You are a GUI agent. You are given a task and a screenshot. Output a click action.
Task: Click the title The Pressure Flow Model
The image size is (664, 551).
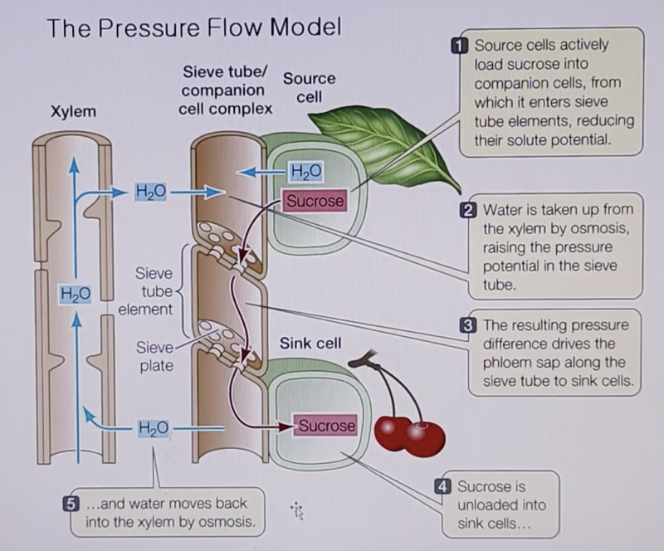tap(193, 28)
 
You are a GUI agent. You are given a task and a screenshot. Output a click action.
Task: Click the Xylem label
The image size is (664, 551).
tap(73, 111)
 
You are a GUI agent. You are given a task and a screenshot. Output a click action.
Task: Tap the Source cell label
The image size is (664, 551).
tap(309, 87)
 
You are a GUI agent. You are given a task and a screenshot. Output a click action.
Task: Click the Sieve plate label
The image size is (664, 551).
tap(156, 356)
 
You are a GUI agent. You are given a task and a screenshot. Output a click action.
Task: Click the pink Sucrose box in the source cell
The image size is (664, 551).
tap(315, 200)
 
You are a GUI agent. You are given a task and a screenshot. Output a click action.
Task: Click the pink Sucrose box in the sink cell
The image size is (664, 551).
tap(326, 426)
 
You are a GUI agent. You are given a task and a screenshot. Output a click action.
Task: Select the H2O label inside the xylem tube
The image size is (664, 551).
tap(75, 293)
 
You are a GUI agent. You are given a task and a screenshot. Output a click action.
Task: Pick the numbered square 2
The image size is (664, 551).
tap(467, 210)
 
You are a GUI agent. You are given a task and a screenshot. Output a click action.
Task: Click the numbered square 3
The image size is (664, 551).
tap(467, 324)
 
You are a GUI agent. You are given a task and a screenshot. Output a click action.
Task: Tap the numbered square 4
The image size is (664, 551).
tap(443, 486)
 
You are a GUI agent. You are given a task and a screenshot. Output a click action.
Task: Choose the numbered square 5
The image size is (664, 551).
tap(72, 504)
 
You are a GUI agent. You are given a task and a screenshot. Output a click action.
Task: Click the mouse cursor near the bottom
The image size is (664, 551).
tap(297, 510)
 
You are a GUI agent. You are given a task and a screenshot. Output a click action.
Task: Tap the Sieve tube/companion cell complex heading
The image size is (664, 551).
tap(226, 90)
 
